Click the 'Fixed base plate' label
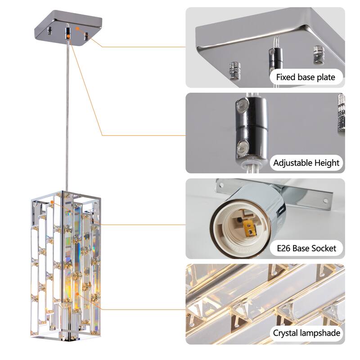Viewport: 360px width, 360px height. pos(306,77)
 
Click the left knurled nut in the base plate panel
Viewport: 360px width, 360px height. pos(234,68)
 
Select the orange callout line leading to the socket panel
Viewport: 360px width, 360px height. pos(144,224)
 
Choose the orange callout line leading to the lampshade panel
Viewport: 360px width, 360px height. pos(144,310)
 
